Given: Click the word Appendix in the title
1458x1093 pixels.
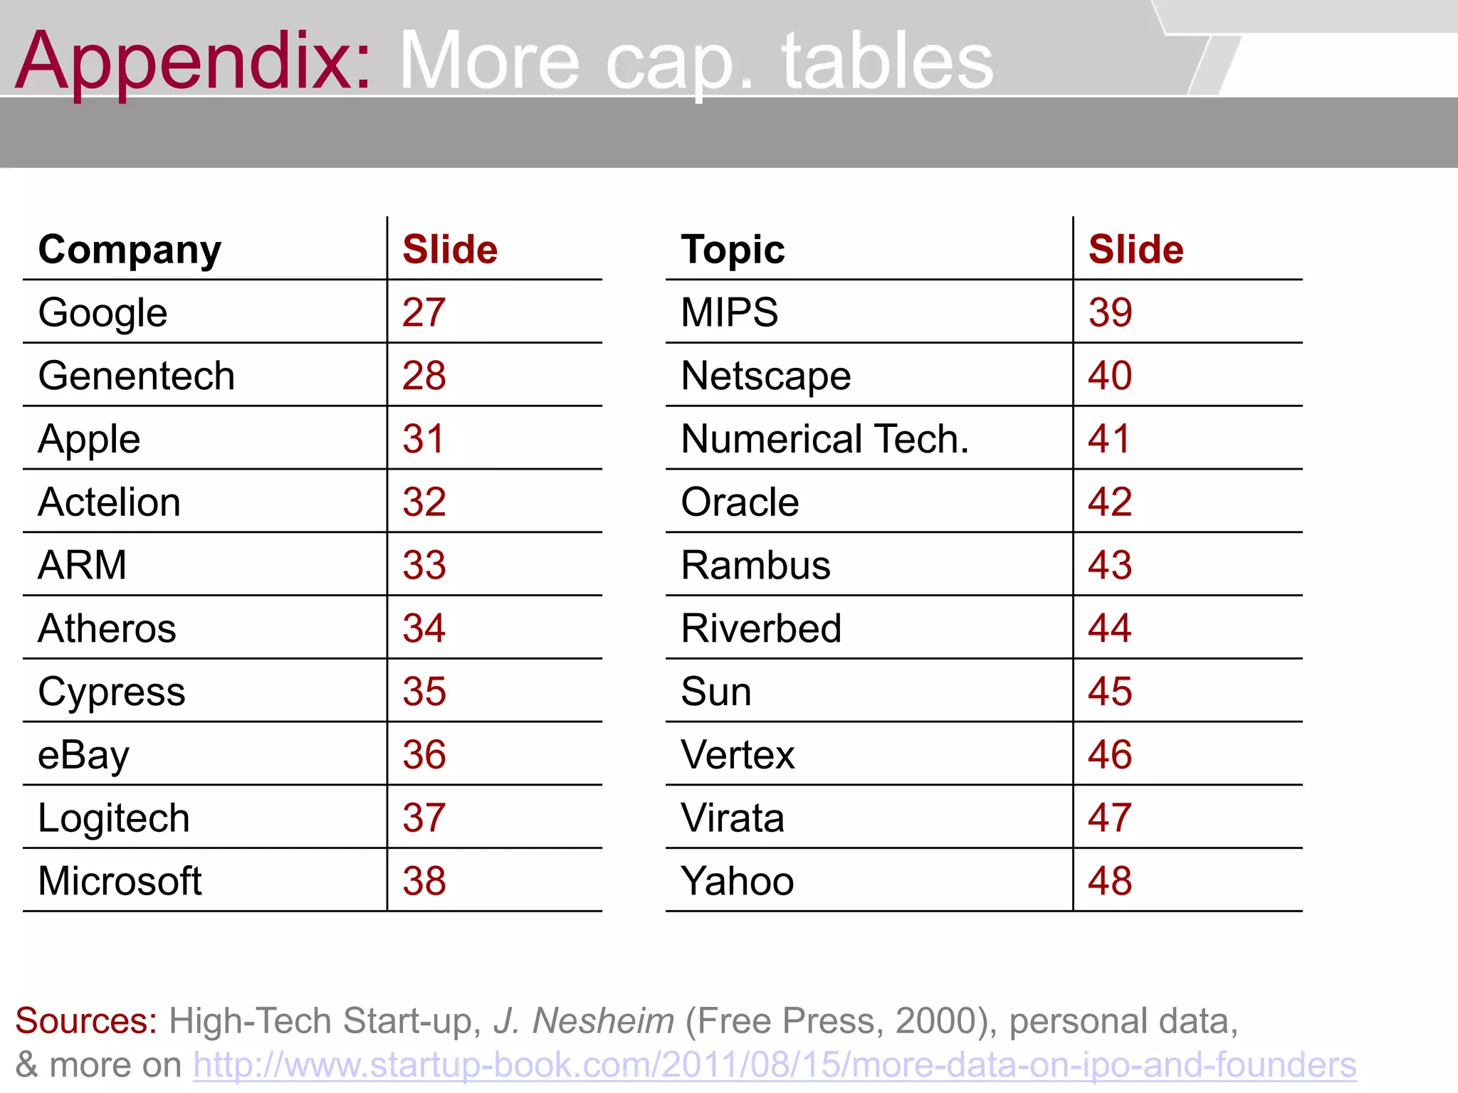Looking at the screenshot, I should (192, 63).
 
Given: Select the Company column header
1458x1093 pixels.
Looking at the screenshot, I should (130, 250).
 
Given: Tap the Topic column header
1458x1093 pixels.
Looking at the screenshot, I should (732, 250).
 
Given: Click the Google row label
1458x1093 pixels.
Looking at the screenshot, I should (103, 313).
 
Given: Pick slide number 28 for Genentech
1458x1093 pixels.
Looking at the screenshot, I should (424, 376).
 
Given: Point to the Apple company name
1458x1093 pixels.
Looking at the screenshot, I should (89, 439).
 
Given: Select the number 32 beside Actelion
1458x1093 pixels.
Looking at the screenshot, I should (424, 502).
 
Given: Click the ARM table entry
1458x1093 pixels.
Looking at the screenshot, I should (82, 565).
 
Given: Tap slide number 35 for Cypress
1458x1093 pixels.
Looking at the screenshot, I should (424, 692).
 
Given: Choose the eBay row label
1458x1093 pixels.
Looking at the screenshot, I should (83, 755).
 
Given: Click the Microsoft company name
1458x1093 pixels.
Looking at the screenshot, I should (120, 881).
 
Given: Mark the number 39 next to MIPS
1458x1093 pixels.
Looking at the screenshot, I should (1109, 313).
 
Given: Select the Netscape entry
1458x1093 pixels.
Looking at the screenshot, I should (765, 376).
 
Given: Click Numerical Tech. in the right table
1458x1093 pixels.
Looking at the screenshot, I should (824, 439).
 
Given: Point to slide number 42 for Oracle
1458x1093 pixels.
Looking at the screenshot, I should (1109, 502).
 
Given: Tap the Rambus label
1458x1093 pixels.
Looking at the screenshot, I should (755, 566).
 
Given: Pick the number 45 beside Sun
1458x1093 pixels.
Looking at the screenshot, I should (1109, 692).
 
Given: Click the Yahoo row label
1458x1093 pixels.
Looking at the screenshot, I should (737, 881).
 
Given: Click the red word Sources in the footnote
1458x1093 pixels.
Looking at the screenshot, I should (85, 1021).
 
